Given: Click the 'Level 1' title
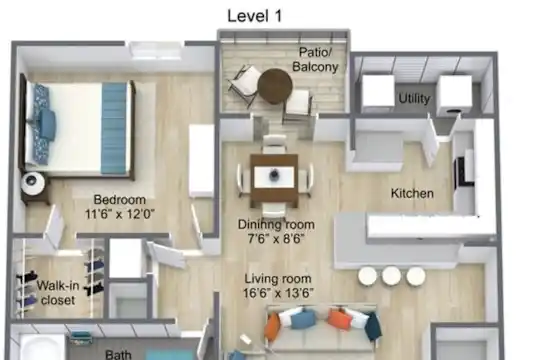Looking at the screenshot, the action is coord(255,16).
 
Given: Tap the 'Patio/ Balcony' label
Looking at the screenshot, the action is coord(315,59).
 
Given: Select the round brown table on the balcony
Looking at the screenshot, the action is coord(275,86).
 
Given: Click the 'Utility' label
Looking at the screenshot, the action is coord(414,99).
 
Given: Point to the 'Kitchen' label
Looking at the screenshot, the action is coord(412,193).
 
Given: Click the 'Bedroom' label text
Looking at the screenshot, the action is coord(120,200).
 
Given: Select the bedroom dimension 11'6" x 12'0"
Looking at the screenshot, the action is coord(120,214).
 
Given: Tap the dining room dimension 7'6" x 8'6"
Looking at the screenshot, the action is coord(276,238).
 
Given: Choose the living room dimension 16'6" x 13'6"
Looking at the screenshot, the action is coord(278,293).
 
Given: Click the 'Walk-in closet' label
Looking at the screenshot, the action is coord(58,293).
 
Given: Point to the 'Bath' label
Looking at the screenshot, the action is coord(118,354).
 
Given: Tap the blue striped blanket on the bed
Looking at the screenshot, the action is coord(114,128).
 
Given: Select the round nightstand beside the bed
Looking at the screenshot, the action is coord(33,183).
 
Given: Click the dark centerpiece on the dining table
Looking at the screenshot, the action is coord(274,175).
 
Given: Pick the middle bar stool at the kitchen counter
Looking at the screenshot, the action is coord(391,276).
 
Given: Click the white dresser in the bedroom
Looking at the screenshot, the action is coord(202,161).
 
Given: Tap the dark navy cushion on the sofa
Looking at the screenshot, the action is coord(372,326).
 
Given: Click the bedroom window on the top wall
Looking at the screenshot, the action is coord(156,50).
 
